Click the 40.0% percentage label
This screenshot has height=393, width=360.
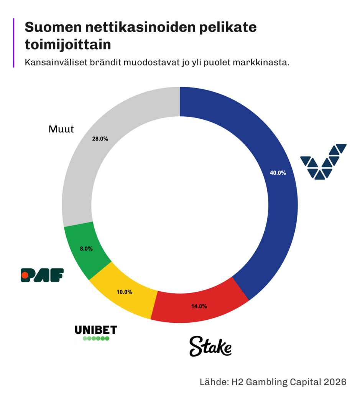(x=278, y=173)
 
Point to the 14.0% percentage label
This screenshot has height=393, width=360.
(x=199, y=306)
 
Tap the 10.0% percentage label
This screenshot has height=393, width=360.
(x=124, y=292)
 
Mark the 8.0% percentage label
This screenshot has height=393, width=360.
(x=86, y=249)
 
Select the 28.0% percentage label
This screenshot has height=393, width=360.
(x=100, y=139)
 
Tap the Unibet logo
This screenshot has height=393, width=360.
(x=95, y=333)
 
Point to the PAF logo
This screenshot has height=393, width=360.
(x=42, y=275)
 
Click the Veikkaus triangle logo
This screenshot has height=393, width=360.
(x=323, y=162)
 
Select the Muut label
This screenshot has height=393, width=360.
(x=61, y=129)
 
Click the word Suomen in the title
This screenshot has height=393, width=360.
(x=50, y=28)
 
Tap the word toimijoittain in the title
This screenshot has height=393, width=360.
(x=68, y=45)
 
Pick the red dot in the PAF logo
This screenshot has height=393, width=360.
(x=25, y=275)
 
